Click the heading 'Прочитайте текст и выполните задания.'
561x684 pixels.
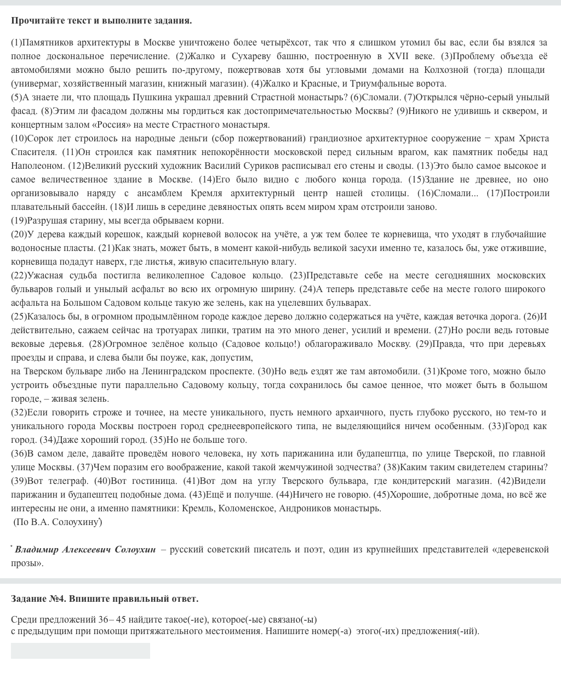click(101, 21)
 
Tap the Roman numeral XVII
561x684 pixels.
click(399, 56)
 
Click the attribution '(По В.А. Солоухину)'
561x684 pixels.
click(58, 522)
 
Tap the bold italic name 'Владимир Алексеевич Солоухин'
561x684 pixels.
click(85, 549)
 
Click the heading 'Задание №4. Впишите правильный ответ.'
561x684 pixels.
click(105, 598)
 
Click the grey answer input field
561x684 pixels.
click(81, 651)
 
